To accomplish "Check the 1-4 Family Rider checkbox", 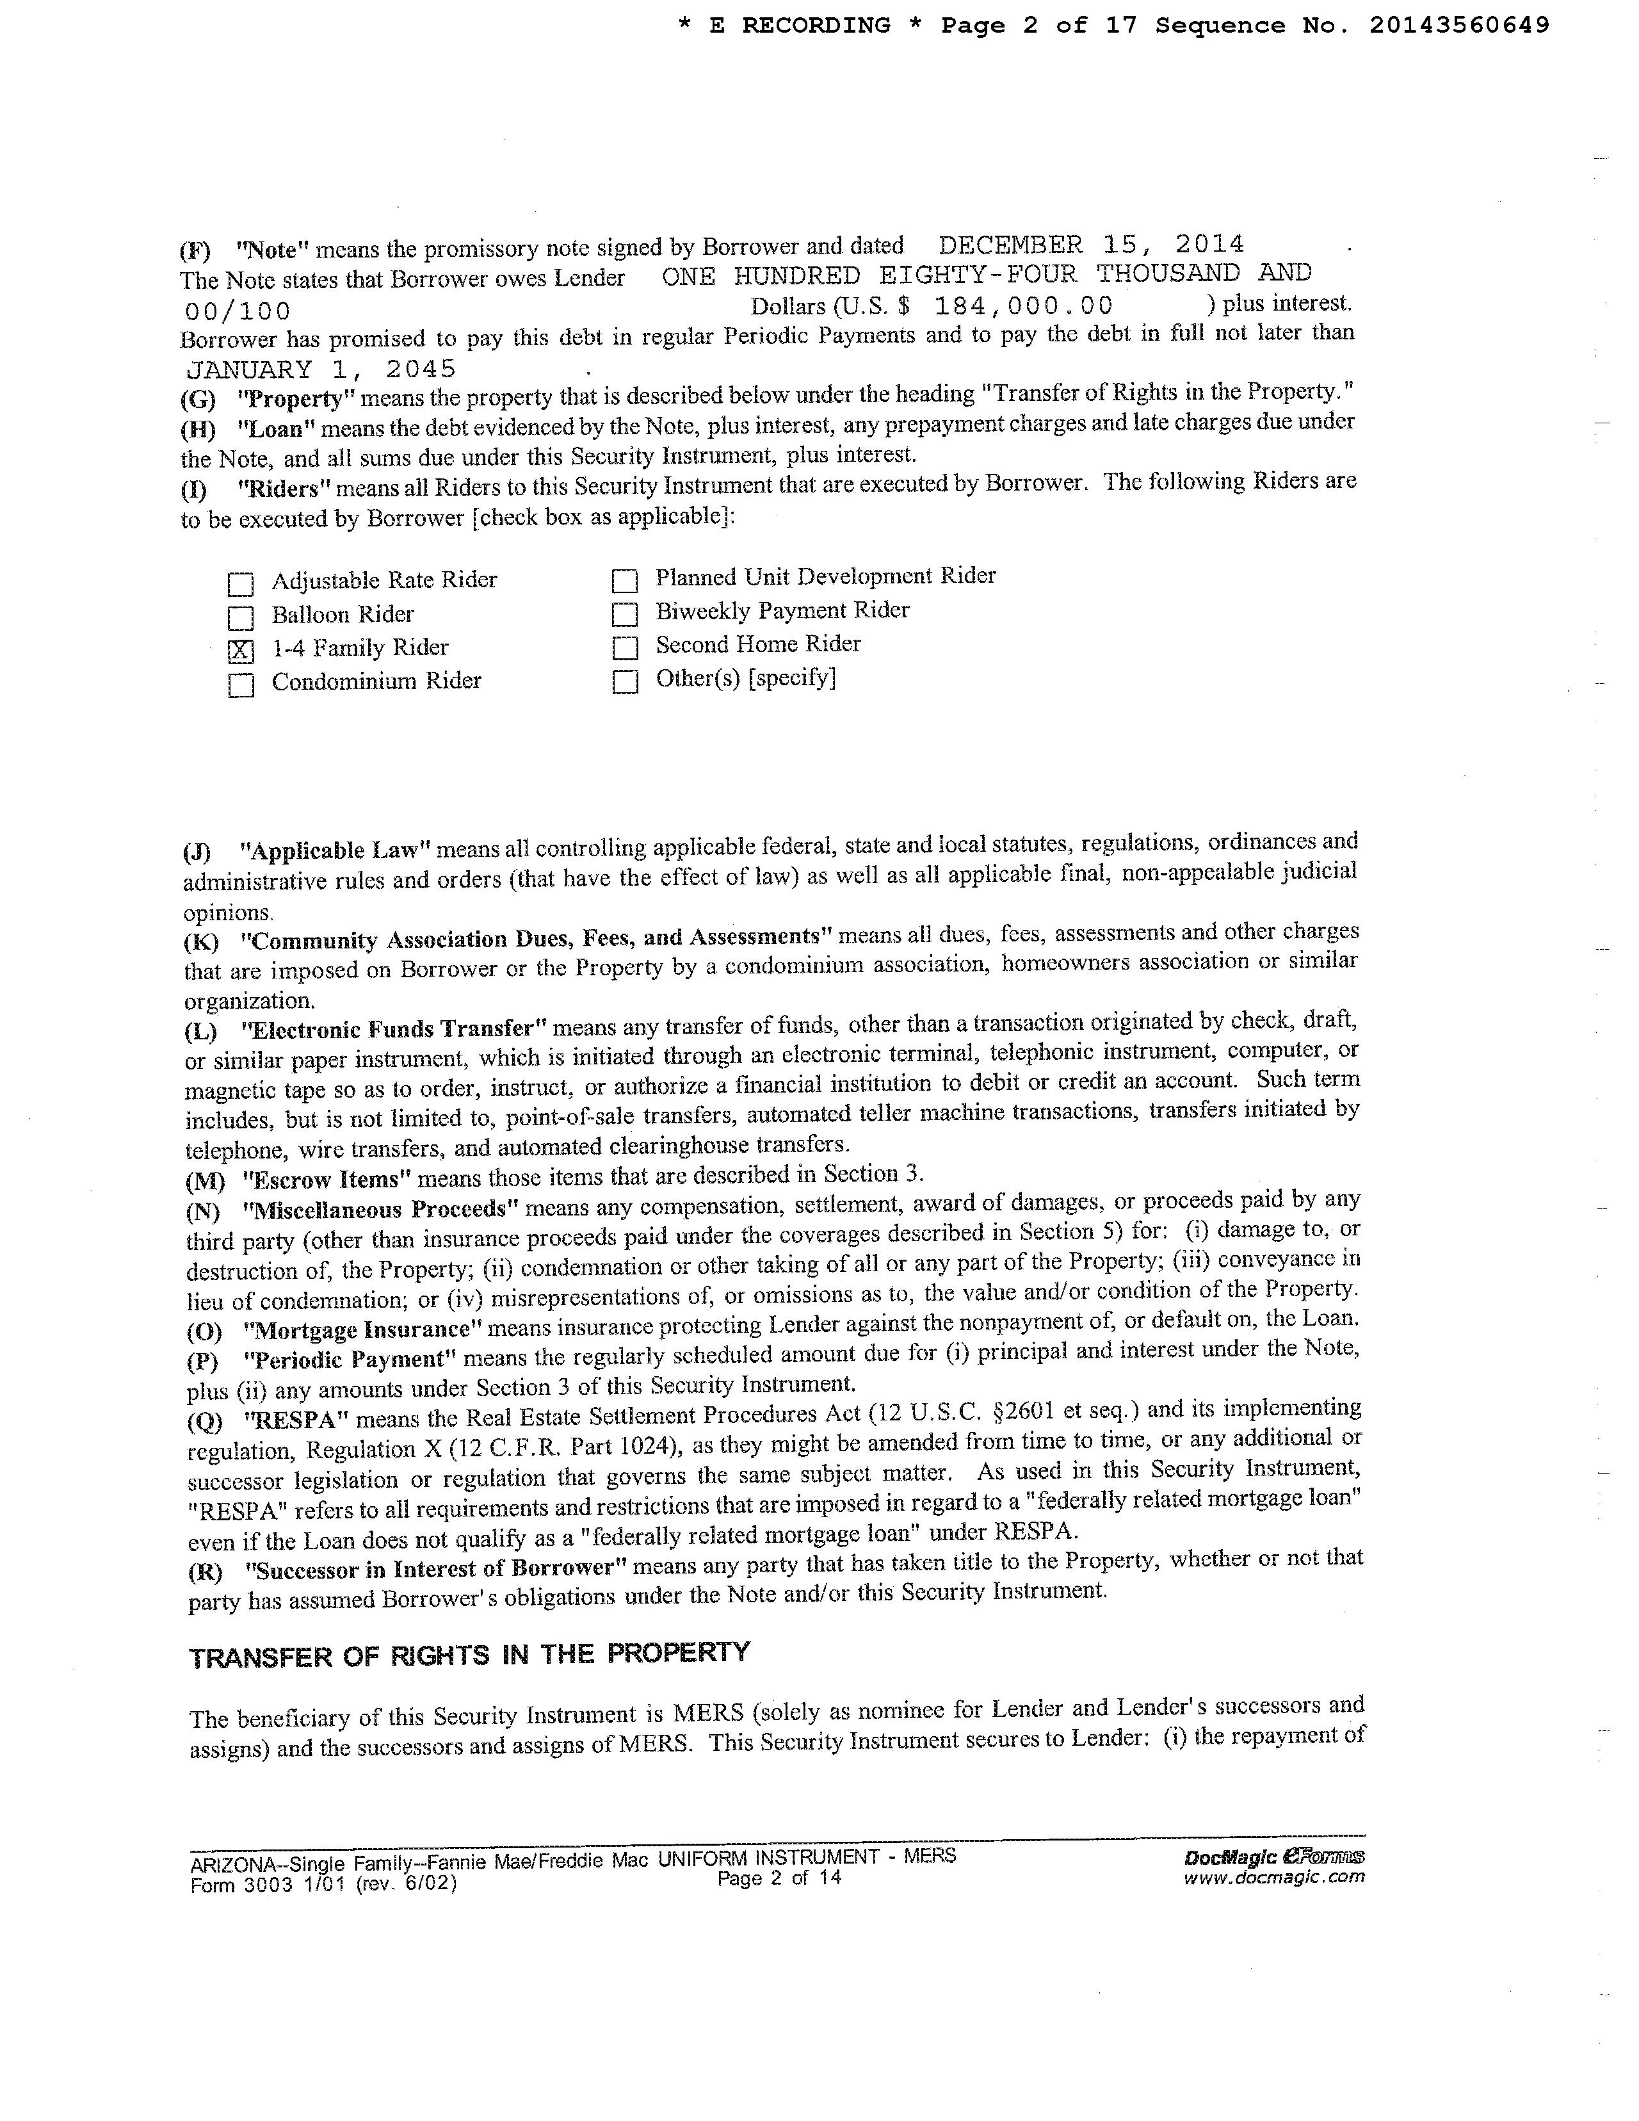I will click(241, 651).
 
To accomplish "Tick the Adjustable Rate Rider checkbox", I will click(241, 583).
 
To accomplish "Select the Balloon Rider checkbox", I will click(241, 617).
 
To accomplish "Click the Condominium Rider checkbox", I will click(241, 685).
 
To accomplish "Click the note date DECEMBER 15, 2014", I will click(1092, 244).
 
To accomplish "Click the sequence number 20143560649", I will click(1459, 25).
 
